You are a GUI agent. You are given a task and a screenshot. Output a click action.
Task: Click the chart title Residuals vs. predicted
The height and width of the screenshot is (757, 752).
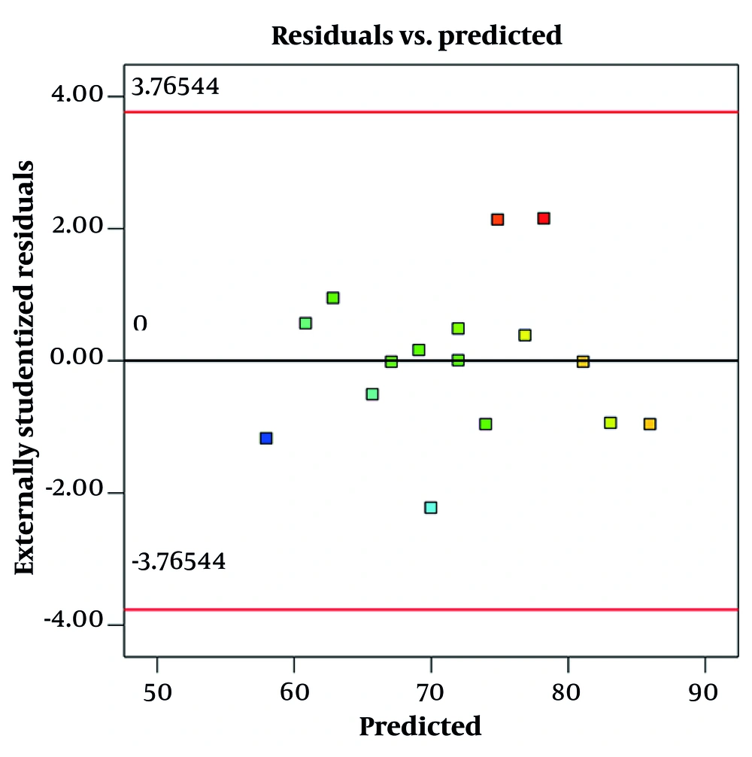tap(417, 35)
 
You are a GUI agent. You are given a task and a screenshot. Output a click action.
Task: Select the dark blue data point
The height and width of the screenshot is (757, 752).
tap(265, 438)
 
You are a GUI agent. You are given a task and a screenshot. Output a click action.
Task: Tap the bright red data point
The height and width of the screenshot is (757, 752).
tap(544, 218)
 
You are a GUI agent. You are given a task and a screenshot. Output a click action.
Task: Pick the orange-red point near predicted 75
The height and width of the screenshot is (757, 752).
tap(497, 220)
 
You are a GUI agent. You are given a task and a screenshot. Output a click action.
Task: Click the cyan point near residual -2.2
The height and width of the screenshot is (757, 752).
tap(430, 507)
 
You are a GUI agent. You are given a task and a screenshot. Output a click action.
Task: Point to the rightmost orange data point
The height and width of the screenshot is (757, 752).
tap(650, 424)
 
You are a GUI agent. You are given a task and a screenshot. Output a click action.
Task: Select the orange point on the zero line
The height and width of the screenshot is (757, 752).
tap(583, 362)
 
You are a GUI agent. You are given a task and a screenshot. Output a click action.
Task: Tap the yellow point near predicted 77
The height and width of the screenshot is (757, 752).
tap(525, 335)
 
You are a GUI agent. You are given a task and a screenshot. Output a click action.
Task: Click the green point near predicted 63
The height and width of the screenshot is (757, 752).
tap(333, 298)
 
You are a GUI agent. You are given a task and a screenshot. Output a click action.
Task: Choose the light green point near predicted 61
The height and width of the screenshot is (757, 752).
tap(305, 323)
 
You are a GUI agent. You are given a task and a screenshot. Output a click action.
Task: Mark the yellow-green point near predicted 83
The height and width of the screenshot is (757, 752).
tap(611, 423)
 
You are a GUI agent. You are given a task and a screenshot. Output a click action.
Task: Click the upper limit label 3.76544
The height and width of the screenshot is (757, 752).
tap(175, 87)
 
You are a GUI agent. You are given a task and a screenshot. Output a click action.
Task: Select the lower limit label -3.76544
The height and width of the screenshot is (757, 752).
tap(178, 562)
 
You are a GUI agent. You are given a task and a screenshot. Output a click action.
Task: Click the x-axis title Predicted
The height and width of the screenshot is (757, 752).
tap(420, 726)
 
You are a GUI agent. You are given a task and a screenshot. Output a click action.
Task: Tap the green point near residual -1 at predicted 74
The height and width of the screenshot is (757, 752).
tap(486, 424)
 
